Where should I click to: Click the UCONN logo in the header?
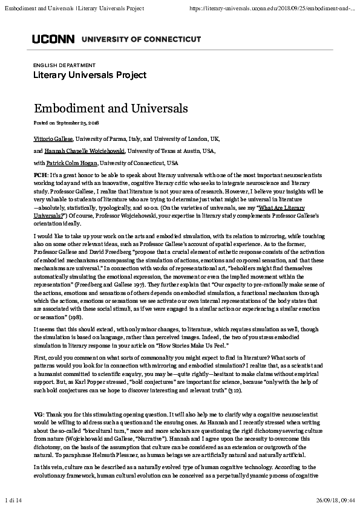(53, 39)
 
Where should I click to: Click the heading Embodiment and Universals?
(111, 108)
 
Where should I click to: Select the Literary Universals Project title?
(90, 75)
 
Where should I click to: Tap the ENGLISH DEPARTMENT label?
(64, 65)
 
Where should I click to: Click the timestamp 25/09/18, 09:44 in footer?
(335, 499)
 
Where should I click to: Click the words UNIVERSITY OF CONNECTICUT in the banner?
(140, 39)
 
